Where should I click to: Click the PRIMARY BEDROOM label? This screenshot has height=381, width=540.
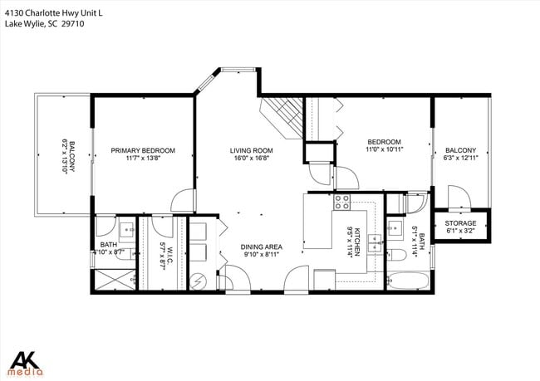coord(144,150)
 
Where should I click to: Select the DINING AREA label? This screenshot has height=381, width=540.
coord(262,247)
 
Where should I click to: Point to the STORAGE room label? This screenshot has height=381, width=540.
coord(461,223)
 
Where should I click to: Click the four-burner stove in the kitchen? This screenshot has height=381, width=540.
coord(341,201)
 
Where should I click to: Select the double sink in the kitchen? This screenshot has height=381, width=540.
coord(375,242)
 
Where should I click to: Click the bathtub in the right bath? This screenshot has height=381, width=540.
coord(407,281)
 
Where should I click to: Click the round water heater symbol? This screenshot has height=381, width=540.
coord(199,281)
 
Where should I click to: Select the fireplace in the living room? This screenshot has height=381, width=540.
coord(282,115)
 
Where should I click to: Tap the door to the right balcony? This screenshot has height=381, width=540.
coord(456,197)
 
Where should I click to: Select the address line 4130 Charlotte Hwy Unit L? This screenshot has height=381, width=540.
coord(55,12)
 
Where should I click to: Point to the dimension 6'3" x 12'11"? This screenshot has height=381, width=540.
coord(461,158)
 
